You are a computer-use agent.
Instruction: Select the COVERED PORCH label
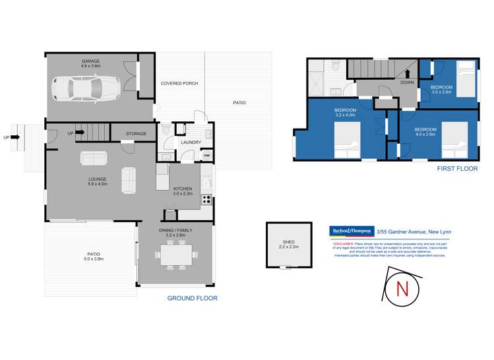point(179,84)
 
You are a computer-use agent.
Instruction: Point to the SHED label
point(286,241)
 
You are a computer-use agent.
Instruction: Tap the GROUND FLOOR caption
point(192,298)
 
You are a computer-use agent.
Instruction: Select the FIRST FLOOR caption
point(458,169)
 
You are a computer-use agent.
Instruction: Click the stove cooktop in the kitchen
point(206,198)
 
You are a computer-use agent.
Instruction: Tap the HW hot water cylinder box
point(206,156)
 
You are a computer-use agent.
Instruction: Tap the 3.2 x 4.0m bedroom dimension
point(345,115)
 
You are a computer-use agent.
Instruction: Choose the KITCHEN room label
point(182,188)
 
